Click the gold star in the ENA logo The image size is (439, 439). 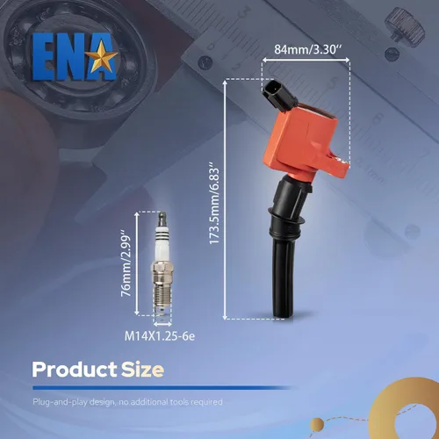pos(104,57)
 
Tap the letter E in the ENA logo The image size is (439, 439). pos(45,56)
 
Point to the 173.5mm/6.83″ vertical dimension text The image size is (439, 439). pos(214,205)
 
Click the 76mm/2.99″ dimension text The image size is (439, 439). pos(126,263)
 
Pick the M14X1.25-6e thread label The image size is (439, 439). pos(160,336)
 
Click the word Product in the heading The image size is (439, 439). pos(75,370)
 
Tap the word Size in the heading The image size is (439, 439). pos(142,370)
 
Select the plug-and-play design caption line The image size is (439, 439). pos(127,402)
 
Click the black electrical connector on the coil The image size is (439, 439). pos(277,94)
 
